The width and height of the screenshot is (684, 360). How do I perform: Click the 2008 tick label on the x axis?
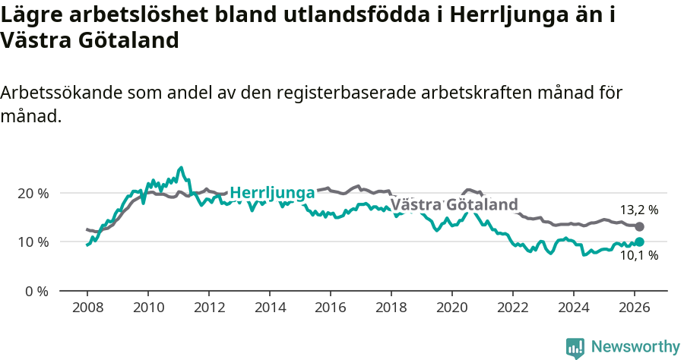87,308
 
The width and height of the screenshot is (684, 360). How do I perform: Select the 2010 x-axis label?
147,308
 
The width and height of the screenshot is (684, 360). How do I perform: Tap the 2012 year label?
208,308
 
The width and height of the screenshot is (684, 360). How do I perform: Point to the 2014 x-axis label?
269,308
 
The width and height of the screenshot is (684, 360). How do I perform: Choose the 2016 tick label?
330,308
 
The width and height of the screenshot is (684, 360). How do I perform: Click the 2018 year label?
391,308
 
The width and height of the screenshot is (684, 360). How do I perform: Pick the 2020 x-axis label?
451,308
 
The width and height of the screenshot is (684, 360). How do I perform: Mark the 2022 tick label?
512,308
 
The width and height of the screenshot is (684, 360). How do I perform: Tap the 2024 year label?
573,308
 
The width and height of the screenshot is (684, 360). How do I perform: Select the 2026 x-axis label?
634,308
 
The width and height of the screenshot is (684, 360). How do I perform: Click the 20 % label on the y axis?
33,193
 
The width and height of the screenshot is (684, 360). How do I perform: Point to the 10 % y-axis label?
33,242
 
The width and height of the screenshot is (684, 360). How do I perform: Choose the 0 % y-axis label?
36,291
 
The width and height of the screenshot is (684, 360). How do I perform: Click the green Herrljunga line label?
272,193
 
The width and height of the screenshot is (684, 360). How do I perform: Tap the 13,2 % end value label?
638,210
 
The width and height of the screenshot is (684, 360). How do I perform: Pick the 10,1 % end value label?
638,256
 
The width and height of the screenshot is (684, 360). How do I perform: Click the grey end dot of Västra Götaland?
639,226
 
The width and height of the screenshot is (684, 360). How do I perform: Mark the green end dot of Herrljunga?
639,242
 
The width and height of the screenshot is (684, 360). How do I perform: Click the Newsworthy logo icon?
575,347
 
